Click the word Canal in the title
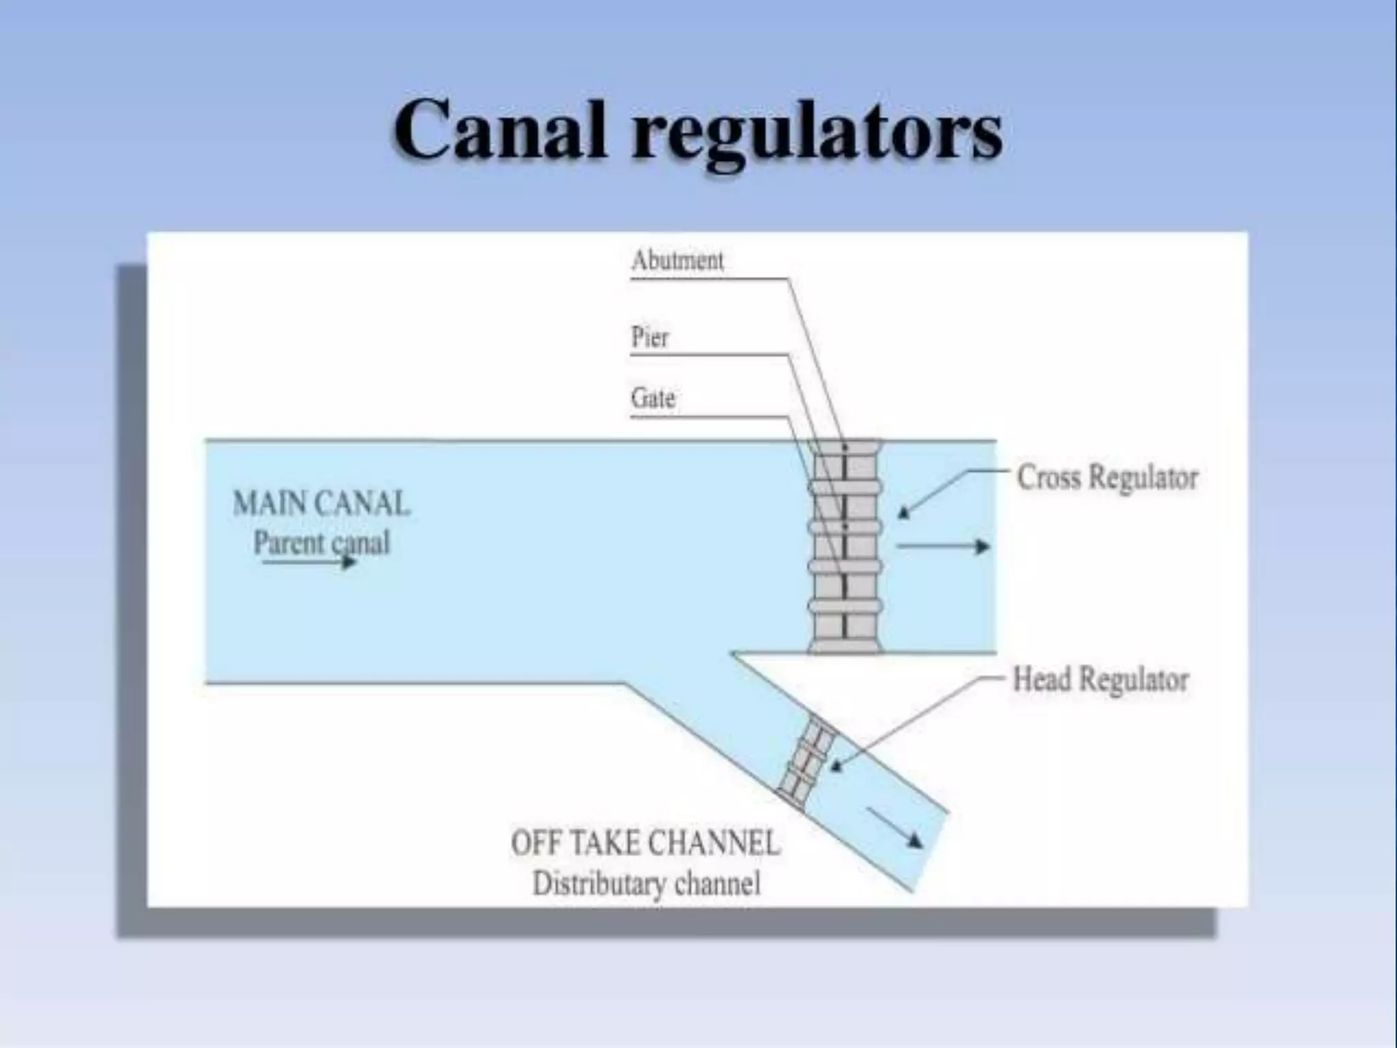(500, 130)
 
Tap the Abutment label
(677, 260)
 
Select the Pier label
(649, 337)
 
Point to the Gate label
(653, 398)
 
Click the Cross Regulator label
(1106, 477)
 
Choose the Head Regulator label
(1100, 680)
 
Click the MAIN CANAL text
(321, 504)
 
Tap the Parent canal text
(321, 543)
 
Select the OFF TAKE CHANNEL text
(645, 843)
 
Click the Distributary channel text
(646, 884)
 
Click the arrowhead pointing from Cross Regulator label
(904, 512)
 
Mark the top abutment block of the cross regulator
(844, 448)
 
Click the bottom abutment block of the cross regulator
(844, 645)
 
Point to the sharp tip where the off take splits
(733, 654)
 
